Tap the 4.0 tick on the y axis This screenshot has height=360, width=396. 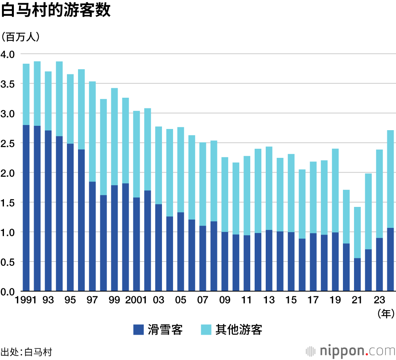[x=8, y=54]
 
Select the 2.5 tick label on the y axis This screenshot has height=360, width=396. [x=8, y=143]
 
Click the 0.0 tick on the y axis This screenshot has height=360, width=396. [x=8, y=292]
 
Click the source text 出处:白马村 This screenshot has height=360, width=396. [x=26, y=352]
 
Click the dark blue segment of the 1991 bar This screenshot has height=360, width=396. [x=26, y=208]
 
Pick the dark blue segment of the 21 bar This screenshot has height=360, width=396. [x=357, y=275]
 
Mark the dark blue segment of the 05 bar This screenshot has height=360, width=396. [x=181, y=252]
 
